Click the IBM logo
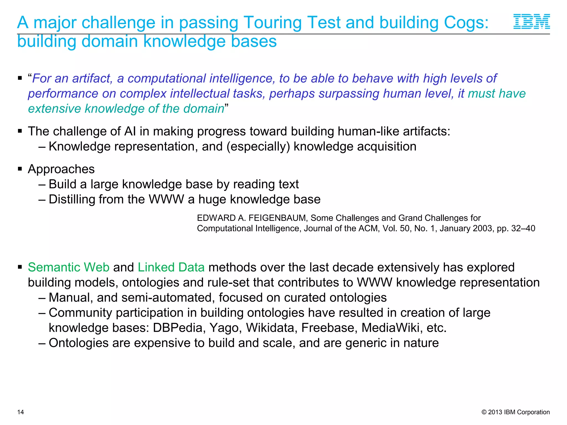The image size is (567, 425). (532, 21)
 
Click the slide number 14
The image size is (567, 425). (20, 412)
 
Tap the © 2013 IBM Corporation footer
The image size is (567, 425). (516, 412)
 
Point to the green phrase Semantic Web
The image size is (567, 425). (69, 267)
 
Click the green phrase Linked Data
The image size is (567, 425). (171, 267)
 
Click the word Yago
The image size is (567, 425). (224, 328)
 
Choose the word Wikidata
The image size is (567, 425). (270, 328)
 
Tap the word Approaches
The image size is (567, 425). (61, 169)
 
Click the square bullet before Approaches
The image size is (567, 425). (20, 169)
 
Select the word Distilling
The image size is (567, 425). (72, 199)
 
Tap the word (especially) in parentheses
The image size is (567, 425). (258, 147)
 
